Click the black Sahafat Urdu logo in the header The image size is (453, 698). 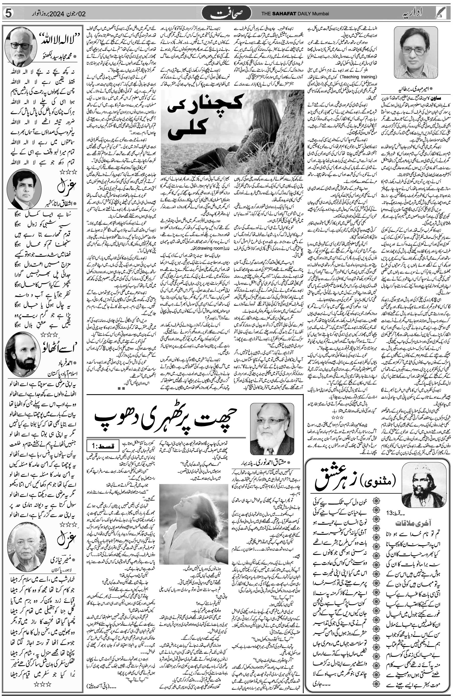pyautogui.click(x=231, y=13)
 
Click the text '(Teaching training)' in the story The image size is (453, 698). pyautogui.click(x=361, y=77)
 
